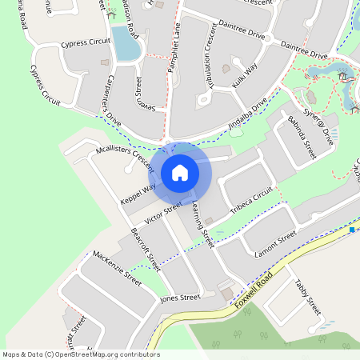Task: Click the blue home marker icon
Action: click(x=180, y=172)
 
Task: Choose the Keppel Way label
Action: click(x=138, y=193)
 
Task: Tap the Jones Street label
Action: click(x=179, y=298)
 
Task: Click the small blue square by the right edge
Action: click(x=351, y=230)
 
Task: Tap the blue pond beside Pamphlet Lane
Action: click(x=126, y=42)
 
